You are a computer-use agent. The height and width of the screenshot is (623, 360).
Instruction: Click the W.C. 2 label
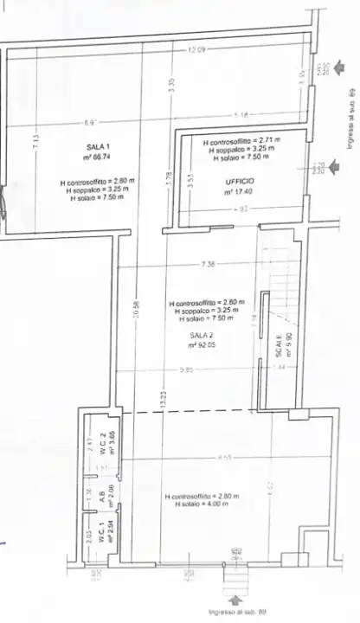tap(101, 441)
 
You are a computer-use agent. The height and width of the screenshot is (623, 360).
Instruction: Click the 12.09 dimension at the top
tap(196, 50)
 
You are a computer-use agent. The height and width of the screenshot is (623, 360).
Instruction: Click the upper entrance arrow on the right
tap(344, 67)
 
